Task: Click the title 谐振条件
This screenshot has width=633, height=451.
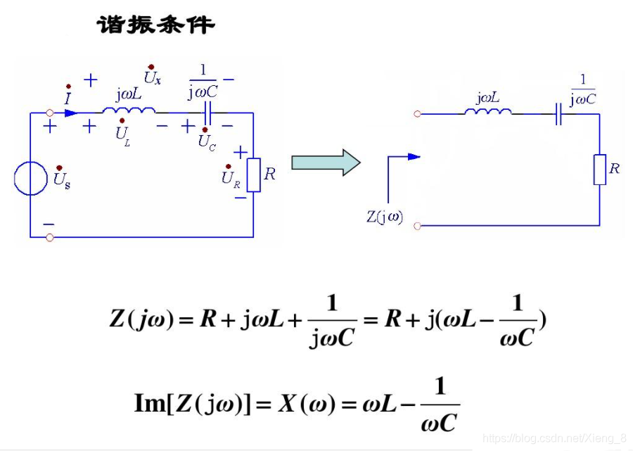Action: coord(155,26)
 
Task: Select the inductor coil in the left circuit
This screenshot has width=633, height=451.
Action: coord(129,110)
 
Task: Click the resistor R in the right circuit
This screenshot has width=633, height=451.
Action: coord(599,170)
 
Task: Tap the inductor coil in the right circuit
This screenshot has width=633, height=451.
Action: coord(487,111)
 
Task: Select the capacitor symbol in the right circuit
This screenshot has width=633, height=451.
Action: coord(558,113)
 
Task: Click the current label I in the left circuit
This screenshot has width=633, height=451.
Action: coord(68,97)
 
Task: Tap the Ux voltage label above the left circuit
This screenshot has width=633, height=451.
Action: coord(152,75)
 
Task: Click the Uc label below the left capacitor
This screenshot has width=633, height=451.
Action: coord(207,140)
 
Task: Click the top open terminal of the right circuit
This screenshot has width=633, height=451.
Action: coord(418,113)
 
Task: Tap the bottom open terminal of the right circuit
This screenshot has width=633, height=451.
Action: coord(418,226)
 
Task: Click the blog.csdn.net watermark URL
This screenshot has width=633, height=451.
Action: coord(555,438)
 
